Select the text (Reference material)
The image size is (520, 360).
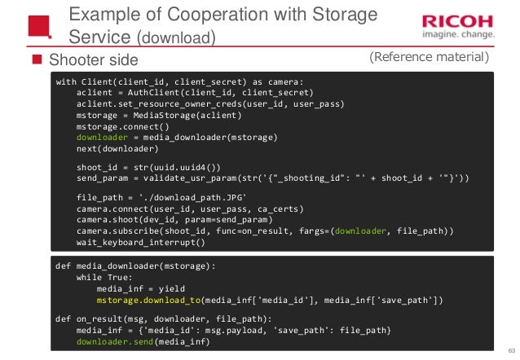[429, 57]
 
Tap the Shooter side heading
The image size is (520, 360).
[94, 59]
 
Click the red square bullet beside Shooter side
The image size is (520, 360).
[36, 59]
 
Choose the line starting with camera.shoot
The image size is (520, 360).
[170, 220]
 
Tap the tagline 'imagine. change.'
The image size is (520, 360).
[456, 34]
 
